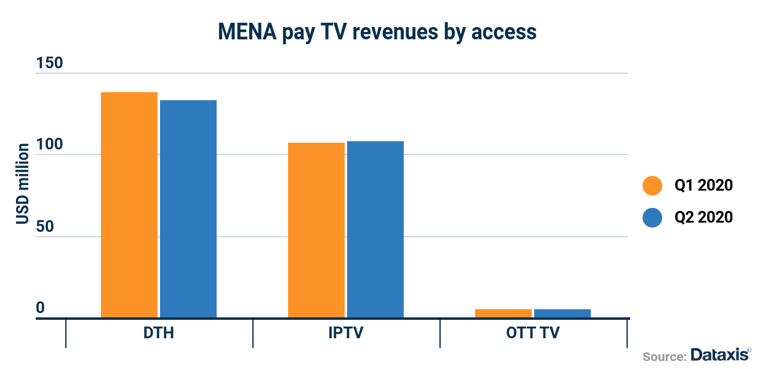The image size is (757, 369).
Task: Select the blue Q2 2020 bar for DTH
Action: (x=188, y=209)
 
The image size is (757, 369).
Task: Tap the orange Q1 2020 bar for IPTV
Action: (x=316, y=230)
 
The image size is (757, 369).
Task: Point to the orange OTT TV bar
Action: (x=503, y=314)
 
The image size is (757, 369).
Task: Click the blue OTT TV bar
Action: (x=563, y=314)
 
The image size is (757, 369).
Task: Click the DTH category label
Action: (x=159, y=334)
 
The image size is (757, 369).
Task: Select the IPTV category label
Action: (x=346, y=334)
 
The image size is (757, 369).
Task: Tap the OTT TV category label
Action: (x=533, y=334)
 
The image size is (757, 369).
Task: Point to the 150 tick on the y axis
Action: (x=49, y=64)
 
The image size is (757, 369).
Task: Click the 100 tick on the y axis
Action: (x=49, y=145)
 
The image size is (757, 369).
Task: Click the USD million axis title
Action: (x=23, y=184)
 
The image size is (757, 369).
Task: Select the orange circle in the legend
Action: (x=652, y=185)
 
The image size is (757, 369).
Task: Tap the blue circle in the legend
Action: (x=652, y=217)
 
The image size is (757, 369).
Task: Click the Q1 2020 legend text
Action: (x=703, y=185)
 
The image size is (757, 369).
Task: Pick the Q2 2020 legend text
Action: (x=703, y=217)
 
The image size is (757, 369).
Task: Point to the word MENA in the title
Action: (x=246, y=32)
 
